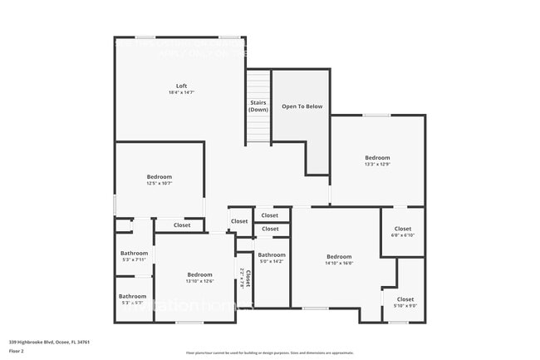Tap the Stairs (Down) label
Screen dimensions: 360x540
258,106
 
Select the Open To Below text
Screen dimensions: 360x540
302,106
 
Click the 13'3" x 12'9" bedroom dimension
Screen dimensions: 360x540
377,165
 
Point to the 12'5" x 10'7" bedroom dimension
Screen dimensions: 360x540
160,183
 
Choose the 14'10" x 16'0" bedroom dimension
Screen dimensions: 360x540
339,263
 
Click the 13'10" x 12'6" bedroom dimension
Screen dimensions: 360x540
199,281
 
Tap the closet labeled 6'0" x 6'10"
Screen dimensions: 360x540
403,232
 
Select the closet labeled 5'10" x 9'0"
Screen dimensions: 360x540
405,302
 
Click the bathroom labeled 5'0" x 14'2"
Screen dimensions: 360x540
272,258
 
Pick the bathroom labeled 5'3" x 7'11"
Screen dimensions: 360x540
134,256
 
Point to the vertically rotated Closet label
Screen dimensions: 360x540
248,278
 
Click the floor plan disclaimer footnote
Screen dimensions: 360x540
269,353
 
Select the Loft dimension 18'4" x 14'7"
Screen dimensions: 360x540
181,93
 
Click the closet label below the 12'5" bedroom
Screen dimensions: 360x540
182,225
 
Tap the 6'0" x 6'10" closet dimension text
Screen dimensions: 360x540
403,235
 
